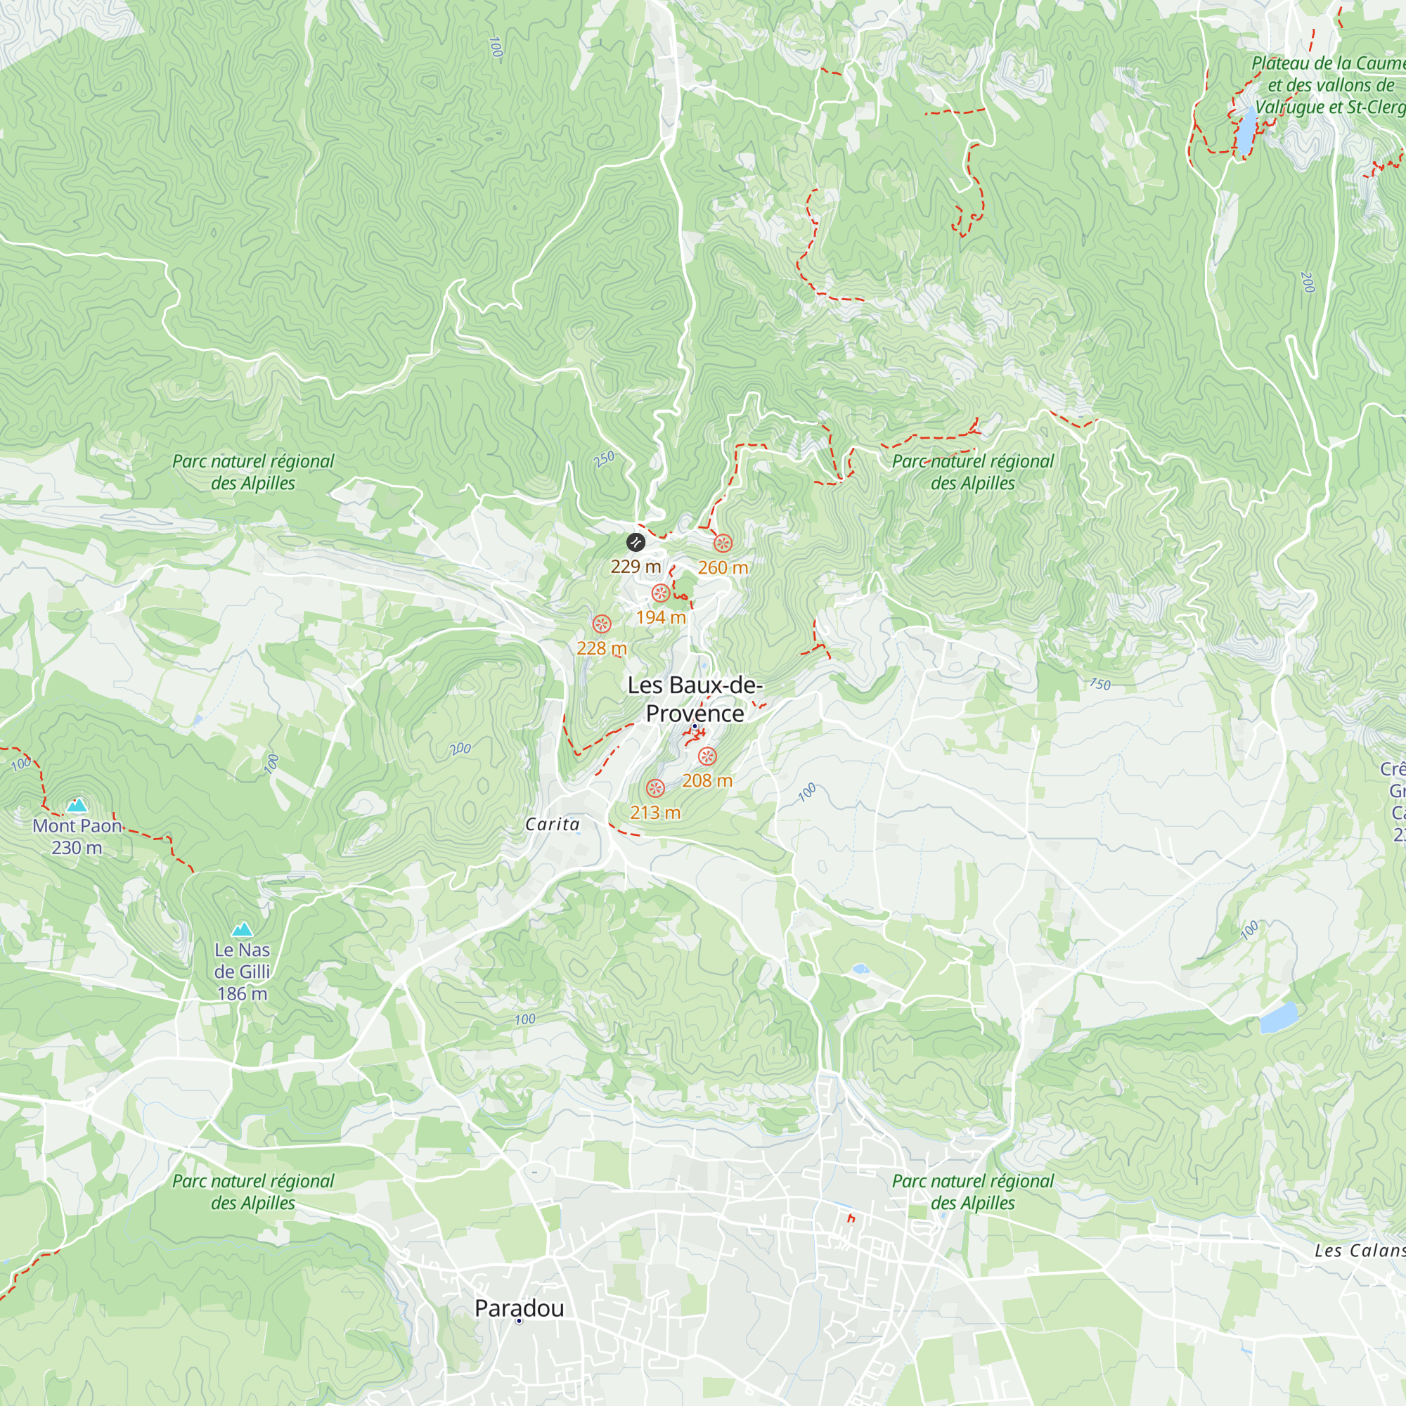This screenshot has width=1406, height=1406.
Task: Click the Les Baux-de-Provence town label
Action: coord(695,699)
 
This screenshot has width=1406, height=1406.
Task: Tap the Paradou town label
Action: coord(519,1308)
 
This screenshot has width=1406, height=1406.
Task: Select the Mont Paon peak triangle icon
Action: coord(77,805)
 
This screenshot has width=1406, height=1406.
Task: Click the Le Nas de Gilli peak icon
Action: coord(243,929)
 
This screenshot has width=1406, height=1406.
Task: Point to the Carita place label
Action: coord(553,824)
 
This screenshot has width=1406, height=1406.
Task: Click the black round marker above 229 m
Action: coord(636,542)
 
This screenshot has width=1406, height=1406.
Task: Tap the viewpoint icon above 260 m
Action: coord(723,543)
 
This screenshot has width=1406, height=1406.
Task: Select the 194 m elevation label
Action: coord(661,617)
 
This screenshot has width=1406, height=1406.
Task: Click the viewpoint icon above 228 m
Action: coord(601,624)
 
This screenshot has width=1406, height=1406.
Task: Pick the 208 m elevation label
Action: coord(707,780)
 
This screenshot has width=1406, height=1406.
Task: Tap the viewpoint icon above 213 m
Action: coord(656,788)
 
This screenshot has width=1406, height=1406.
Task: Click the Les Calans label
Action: coord(1359,1250)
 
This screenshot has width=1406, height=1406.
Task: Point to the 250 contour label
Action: coord(604,459)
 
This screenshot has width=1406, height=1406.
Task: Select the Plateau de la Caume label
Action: coord(1328,64)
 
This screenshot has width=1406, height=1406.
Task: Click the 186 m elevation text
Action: coord(243,993)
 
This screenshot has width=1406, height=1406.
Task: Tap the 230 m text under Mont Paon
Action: coord(77,848)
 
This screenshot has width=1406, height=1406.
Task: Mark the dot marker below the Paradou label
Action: coord(519,1321)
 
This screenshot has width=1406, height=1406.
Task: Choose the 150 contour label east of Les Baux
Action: coord(1099,684)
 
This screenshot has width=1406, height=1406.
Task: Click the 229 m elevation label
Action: coord(636,566)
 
